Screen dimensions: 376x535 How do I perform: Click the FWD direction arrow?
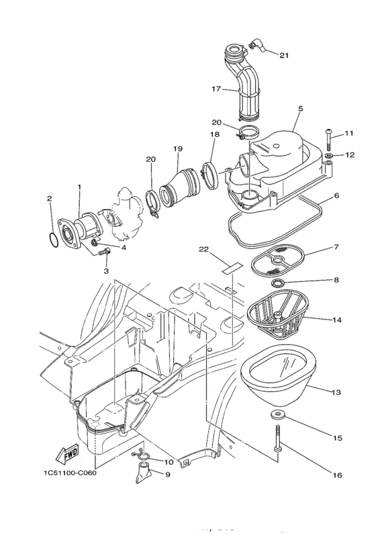coord(67,454)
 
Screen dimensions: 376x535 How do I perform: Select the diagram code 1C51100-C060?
coord(70,473)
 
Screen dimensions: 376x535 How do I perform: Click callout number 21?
coord(284,55)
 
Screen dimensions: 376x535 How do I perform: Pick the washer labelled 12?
coord(329,156)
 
